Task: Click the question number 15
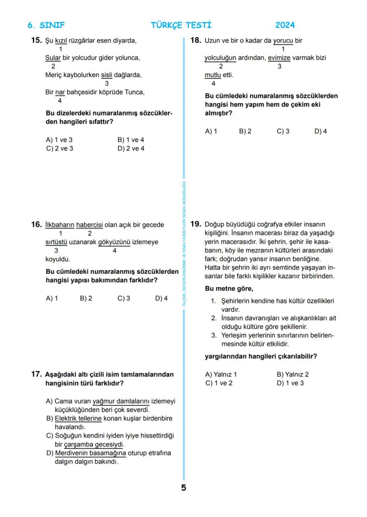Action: click(36, 41)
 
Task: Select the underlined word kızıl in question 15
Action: click(61, 41)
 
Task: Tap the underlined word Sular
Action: click(53, 58)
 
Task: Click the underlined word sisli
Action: click(106, 75)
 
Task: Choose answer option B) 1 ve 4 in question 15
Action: click(131, 140)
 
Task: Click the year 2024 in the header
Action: click(285, 25)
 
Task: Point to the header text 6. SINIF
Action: click(46, 25)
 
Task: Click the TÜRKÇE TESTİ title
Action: click(181, 25)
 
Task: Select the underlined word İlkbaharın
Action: click(60, 225)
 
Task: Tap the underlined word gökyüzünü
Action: click(114, 242)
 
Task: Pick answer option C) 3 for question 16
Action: click(124, 299)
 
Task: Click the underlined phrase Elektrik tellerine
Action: click(78, 419)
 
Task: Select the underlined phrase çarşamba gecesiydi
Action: click(94, 445)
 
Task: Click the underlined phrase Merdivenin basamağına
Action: click(90, 454)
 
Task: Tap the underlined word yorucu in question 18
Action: click(283, 41)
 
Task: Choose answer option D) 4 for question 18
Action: click(320, 132)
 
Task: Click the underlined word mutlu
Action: click(213, 75)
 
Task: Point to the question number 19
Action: click(196, 224)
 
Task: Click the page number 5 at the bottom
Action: click(183, 488)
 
